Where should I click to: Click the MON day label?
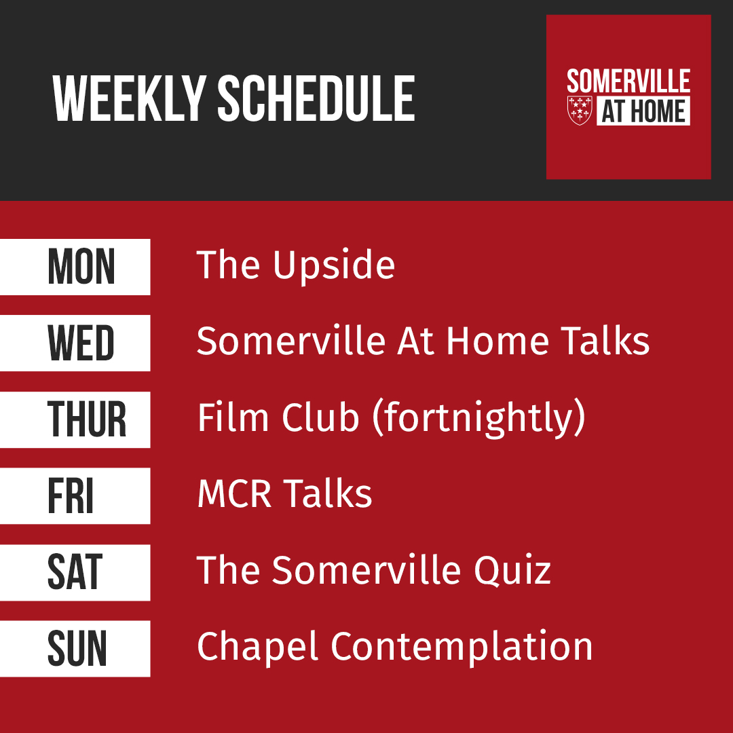[x=81, y=267]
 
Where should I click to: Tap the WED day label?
[x=81, y=343]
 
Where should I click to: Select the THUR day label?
[x=86, y=419]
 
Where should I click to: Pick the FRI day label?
[x=71, y=495]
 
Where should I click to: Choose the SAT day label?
[x=75, y=572]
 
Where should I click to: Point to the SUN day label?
[x=77, y=648]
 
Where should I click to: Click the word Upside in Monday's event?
[x=334, y=267]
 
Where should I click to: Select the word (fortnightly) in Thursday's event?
[x=478, y=418]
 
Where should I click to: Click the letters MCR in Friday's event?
[x=234, y=493]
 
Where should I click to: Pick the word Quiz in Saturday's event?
[x=512, y=571]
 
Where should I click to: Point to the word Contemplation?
[x=462, y=647]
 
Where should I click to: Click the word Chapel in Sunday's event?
[x=258, y=647]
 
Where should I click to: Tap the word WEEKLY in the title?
[x=129, y=98]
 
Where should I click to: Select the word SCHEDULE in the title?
[x=316, y=98]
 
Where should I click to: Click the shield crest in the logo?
[x=580, y=111]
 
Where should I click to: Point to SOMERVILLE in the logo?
[x=628, y=81]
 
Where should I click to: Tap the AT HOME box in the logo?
[x=643, y=111]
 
